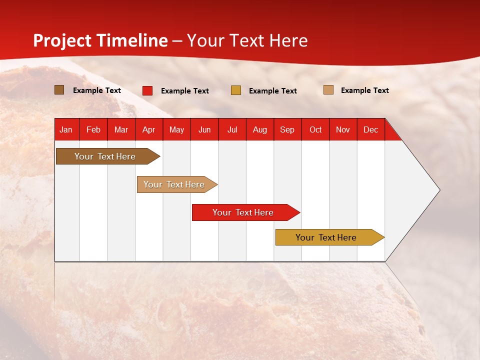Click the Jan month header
click(66, 129)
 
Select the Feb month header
click(93, 129)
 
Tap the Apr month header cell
click(148, 129)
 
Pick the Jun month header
click(204, 129)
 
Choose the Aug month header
click(259, 129)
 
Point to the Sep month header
click(287, 129)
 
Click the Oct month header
click(315, 129)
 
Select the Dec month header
click(370, 129)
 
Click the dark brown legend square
click(59, 90)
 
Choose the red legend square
click(147, 90)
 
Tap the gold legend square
click(236, 90)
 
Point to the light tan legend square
click(328, 90)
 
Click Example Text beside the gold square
click(272, 91)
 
